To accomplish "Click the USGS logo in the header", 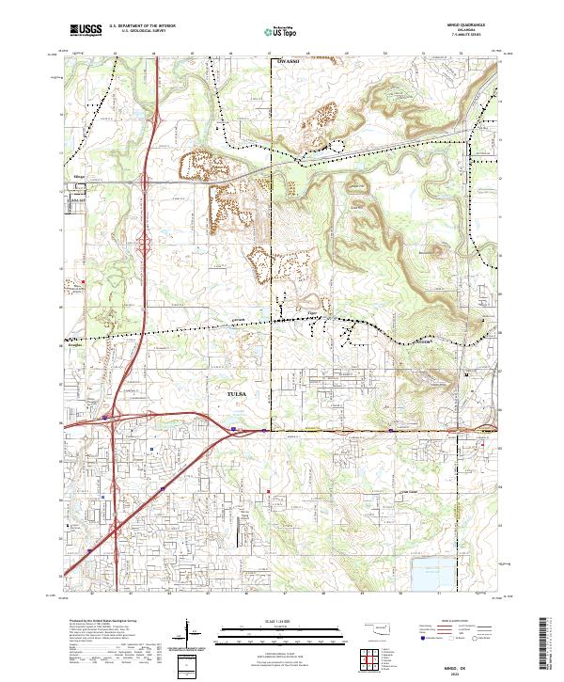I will [86, 30].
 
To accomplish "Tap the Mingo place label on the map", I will [79, 176].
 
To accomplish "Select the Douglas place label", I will [76, 346].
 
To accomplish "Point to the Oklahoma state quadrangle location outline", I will [375, 627].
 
